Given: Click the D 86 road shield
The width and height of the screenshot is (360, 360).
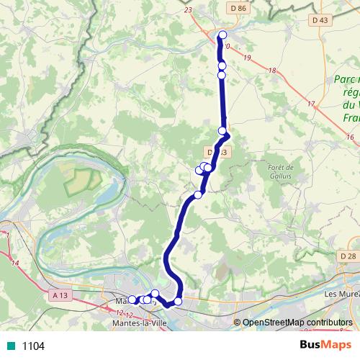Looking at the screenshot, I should [x=240, y=8].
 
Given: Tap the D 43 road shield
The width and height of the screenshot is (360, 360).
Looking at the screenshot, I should [x=320, y=19].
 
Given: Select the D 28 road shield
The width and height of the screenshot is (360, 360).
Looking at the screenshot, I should [x=346, y=256].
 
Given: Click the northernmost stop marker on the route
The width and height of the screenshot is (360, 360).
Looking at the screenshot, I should [x=222, y=35].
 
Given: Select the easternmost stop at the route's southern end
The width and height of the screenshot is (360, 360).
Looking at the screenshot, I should [x=179, y=301].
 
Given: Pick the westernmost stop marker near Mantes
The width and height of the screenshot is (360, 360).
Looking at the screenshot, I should [x=132, y=300].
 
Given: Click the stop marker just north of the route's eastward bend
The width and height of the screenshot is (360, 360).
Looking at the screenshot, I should [x=222, y=130].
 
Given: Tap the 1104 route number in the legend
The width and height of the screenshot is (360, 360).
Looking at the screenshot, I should [x=33, y=346].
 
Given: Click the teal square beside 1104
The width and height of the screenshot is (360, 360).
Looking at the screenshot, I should [x=9, y=346].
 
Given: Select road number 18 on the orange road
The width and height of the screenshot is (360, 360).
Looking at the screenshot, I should [x=271, y=70].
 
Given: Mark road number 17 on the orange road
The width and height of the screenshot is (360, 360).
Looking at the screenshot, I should [x=311, y=104].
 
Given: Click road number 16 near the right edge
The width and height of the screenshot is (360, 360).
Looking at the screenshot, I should [x=350, y=136].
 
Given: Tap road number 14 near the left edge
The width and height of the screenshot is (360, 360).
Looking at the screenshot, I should [x=14, y=264].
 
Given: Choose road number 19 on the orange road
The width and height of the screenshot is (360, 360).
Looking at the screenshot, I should [x=247, y=57].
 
